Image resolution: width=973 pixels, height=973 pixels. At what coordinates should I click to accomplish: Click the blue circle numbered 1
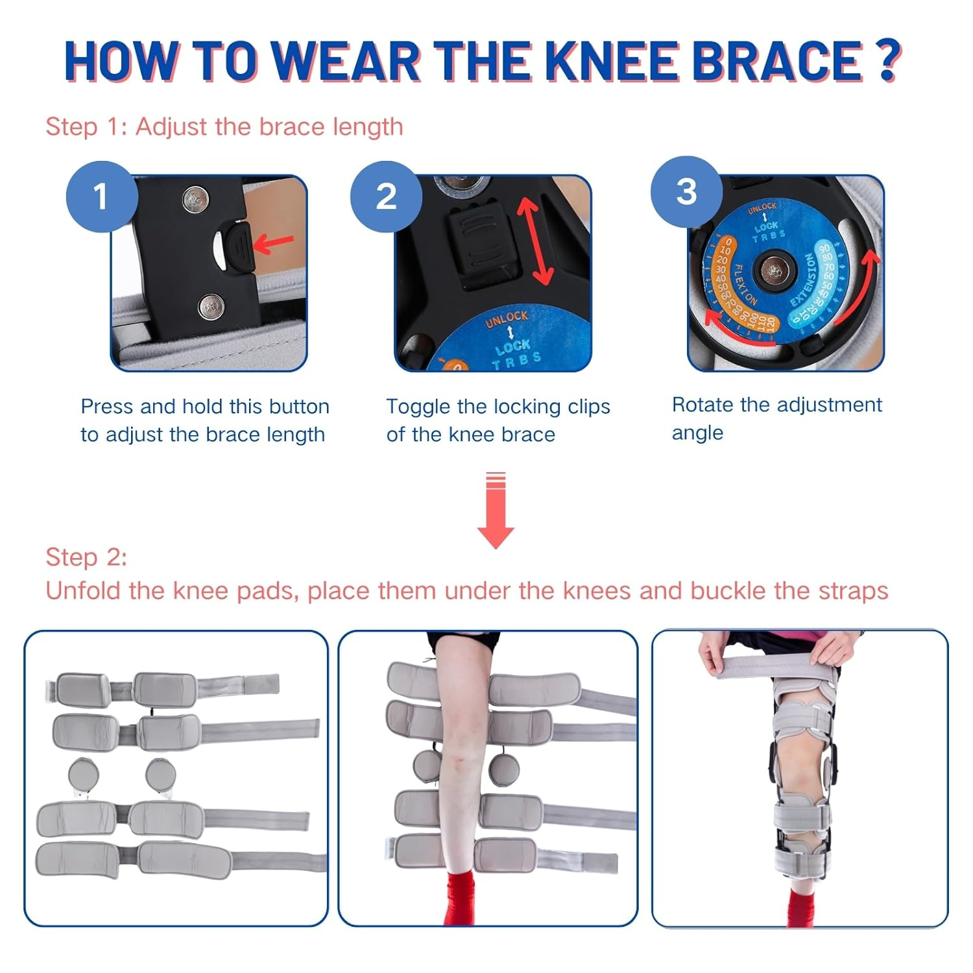point(101,197)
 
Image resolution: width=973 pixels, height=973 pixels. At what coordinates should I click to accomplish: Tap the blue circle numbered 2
point(386,197)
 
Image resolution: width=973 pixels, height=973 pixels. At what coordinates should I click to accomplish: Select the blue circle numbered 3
point(686,192)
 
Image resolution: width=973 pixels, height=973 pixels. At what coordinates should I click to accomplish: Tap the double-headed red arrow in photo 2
point(535,241)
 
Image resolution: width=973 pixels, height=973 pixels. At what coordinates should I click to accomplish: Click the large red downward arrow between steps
point(496,512)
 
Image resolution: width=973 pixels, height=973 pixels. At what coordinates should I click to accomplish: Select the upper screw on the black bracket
point(193,199)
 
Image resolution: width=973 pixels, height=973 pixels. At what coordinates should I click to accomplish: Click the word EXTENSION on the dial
point(803,280)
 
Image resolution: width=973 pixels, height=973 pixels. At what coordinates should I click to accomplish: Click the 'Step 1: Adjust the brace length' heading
point(224,126)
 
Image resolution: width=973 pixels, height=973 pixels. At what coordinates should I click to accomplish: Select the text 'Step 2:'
point(86,557)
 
